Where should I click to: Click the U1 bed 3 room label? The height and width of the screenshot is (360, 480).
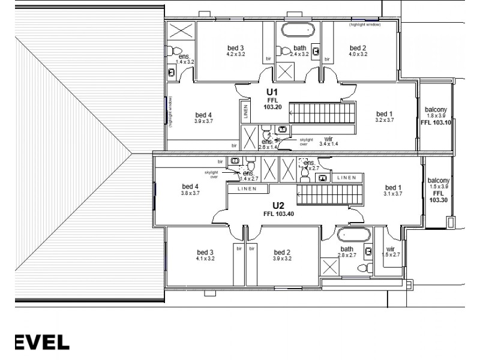point(235,50)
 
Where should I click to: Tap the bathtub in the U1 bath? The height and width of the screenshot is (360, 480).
point(298,29)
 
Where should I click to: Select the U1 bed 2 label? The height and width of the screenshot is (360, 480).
point(358,50)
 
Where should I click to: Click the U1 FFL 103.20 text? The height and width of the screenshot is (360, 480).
point(272,103)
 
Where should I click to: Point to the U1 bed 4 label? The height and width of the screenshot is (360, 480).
point(204,118)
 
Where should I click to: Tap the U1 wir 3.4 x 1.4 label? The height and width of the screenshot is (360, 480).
point(328,141)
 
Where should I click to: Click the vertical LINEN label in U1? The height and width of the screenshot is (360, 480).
point(245,111)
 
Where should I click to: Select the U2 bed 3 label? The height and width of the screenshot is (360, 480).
point(205,255)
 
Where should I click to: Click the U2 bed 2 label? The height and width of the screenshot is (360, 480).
point(282,255)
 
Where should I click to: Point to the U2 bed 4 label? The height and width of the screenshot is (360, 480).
point(190,190)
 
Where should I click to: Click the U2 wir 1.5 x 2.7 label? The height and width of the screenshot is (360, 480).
point(391,251)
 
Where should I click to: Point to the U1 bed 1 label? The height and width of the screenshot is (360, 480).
point(385,116)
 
